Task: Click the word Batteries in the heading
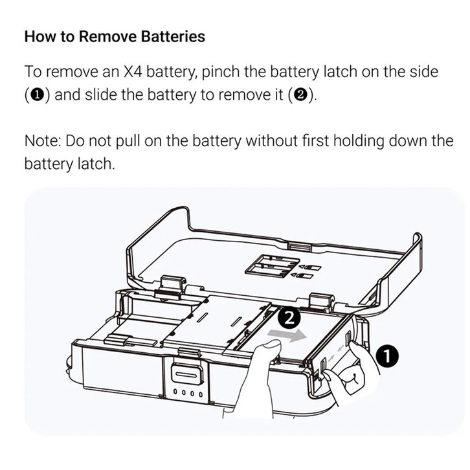coord(173,36)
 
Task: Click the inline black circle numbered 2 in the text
coord(302,95)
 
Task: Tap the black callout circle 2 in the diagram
coord(289,319)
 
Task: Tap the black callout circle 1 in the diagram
coord(387,357)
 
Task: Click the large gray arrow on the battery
coord(287,335)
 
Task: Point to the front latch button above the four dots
coord(186,374)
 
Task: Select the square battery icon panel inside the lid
coord(272,265)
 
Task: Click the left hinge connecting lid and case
coord(172,285)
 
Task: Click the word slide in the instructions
coord(101,95)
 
